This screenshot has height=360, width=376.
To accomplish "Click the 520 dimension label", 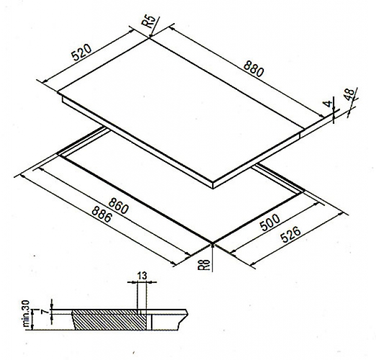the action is click(x=81, y=52).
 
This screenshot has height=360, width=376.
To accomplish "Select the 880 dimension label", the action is click(x=253, y=69).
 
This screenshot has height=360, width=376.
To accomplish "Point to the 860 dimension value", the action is click(x=119, y=206).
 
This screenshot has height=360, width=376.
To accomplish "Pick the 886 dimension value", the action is click(x=102, y=214).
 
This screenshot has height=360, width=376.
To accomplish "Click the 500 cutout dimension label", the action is click(x=270, y=222).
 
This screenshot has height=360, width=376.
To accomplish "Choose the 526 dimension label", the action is click(x=291, y=235).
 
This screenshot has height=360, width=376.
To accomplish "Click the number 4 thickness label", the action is click(x=328, y=103).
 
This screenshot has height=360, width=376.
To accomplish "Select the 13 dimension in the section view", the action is click(x=142, y=276).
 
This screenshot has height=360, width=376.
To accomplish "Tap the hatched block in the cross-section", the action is click(x=109, y=319).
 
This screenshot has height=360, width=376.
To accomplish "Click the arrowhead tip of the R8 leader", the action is click(x=212, y=243).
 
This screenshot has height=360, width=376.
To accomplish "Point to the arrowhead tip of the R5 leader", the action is click(x=150, y=37).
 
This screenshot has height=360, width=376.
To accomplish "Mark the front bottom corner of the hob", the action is click(x=213, y=188).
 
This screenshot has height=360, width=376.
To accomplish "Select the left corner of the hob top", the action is click(x=58, y=92).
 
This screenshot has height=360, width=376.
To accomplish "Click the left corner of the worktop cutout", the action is click(x=58, y=154).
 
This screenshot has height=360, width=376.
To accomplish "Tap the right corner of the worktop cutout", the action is click(x=304, y=191).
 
